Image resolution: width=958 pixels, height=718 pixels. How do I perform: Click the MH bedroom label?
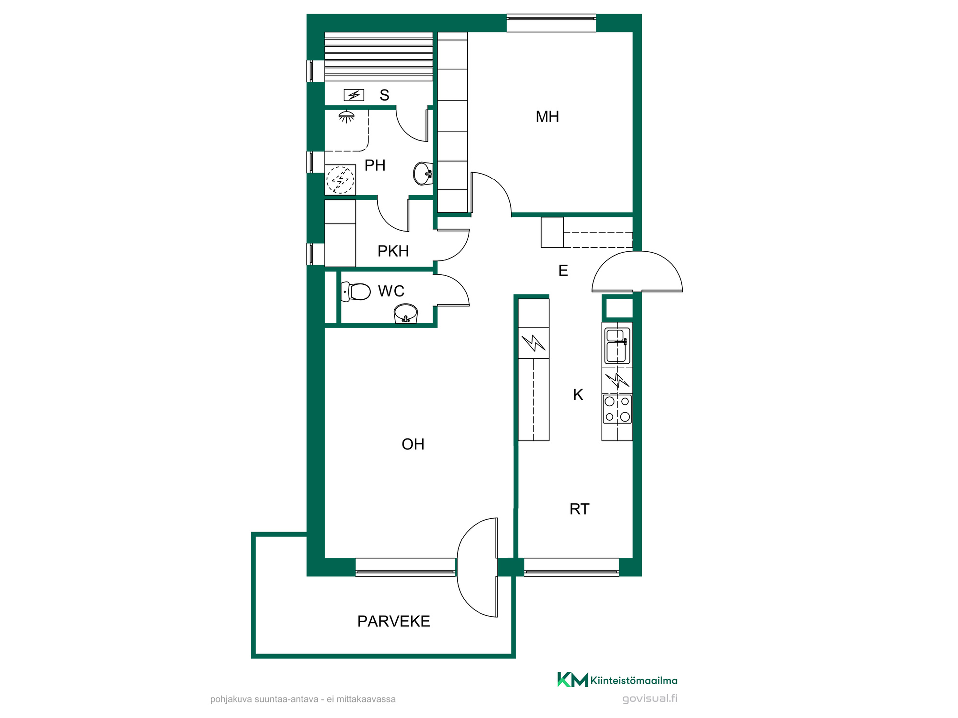547,117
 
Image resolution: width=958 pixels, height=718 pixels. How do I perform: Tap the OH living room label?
413,444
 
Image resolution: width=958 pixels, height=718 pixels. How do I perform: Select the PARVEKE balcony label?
394,621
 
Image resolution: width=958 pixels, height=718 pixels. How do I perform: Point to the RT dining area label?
579,509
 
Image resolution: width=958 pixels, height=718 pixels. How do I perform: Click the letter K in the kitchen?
578,395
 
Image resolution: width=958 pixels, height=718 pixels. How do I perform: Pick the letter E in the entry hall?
563,271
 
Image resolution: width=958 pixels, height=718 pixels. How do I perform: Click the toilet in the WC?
356,291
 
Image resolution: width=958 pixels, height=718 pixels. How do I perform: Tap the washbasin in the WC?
406,314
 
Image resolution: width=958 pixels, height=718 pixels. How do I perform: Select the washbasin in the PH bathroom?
423,174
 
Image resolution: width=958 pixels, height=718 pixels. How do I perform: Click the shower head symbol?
346,117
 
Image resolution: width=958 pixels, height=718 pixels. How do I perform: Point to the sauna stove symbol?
354,95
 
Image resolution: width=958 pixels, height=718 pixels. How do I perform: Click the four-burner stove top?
617,409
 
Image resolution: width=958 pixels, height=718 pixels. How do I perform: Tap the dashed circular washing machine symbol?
340,179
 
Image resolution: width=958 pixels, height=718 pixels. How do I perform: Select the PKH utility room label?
393,251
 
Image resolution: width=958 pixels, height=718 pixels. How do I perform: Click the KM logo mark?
573,680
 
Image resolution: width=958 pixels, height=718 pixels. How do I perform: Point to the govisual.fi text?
650,698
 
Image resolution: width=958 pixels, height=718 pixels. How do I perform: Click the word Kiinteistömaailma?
634,680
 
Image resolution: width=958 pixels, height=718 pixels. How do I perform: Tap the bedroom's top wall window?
551,23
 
